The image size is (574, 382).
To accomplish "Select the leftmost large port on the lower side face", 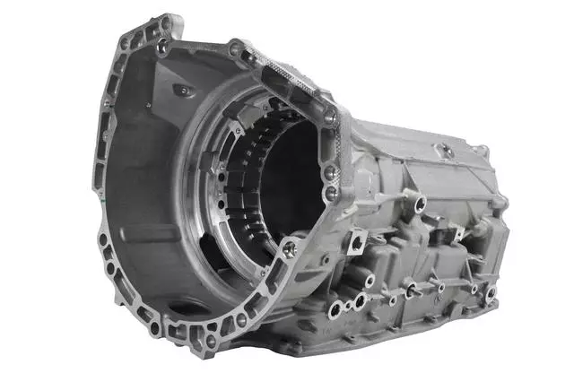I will point(336,309).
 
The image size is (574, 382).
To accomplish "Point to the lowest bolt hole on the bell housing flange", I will point(208,340).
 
